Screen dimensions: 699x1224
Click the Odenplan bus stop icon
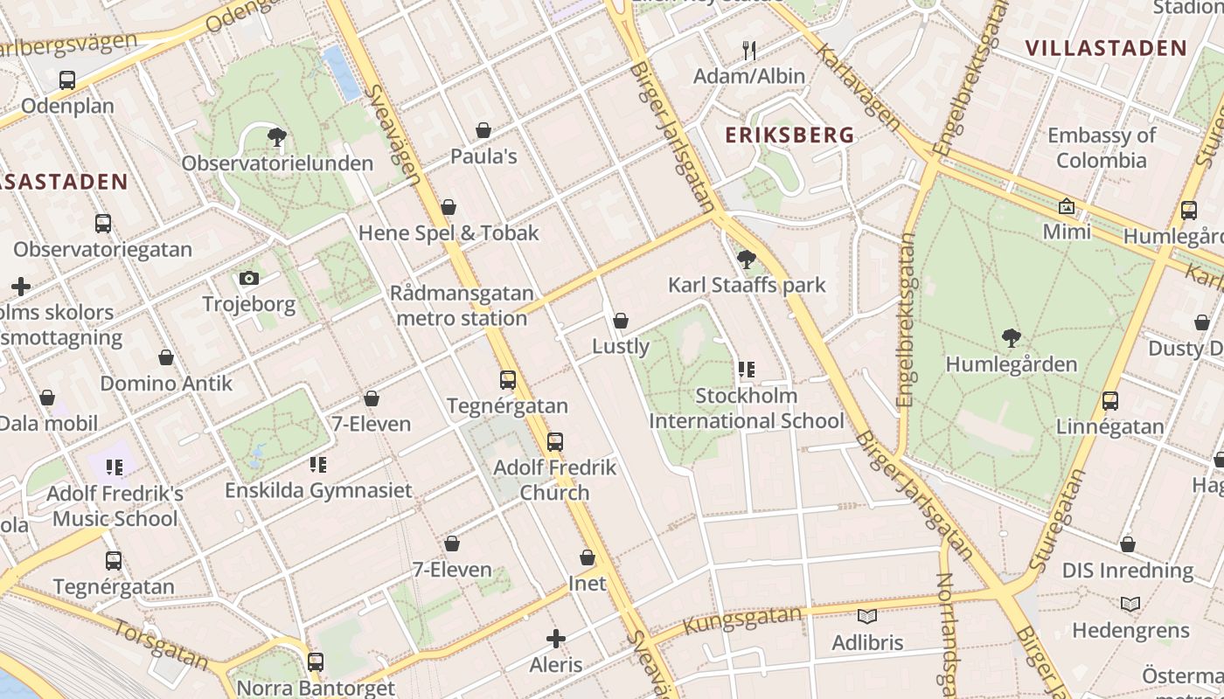click(x=67, y=80)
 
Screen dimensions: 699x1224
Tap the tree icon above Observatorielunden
click(x=277, y=137)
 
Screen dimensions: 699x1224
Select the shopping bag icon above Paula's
click(x=483, y=131)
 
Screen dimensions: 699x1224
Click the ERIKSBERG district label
click(x=789, y=135)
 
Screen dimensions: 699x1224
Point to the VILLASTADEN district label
click(x=1105, y=48)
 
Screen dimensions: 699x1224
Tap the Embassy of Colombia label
click(x=1101, y=148)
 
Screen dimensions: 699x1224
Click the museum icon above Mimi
click(x=1067, y=207)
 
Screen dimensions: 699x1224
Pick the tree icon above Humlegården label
click(x=1011, y=338)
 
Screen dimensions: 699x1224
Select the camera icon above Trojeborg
click(x=249, y=279)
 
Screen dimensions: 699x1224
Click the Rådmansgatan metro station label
click(x=462, y=306)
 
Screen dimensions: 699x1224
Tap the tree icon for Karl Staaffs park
click(x=746, y=260)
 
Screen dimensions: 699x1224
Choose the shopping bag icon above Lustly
click(x=621, y=322)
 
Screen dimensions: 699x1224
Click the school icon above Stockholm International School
click(x=746, y=370)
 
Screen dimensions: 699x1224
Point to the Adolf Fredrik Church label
click(x=554, y=480)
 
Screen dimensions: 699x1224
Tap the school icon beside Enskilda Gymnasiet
click(x=317, y=464)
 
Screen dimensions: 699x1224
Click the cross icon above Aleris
click(x=555, y=639)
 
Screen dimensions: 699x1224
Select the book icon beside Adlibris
click(x=866, y=617)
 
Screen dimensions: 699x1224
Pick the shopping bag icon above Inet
click(x=588, y=557)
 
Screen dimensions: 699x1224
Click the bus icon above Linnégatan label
click(x=1110, y=401)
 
